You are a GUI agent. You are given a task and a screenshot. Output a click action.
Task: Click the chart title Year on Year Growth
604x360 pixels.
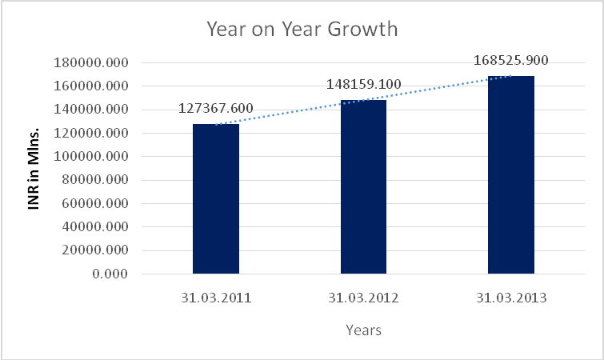click(302, 30)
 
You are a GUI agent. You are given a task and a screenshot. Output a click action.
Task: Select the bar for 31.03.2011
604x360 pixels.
click(216, 199)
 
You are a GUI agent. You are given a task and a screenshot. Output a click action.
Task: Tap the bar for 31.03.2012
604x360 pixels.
click(363, 187)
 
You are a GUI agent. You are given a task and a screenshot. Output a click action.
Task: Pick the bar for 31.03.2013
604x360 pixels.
click(511, 175)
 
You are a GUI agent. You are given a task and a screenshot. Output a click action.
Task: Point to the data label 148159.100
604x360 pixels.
click(364, 84)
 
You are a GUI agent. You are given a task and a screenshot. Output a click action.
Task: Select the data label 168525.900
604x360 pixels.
click(511, 60)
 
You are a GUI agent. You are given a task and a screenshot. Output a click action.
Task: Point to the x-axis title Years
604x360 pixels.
click(363, 330)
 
